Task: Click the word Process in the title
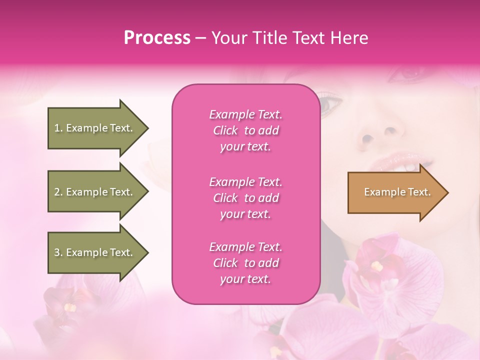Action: click(x=157, y=38)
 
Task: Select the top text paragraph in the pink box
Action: click(x=245, y=130)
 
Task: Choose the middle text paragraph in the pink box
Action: click(x=245, y=198)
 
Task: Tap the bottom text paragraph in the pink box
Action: click(x=245, y=263)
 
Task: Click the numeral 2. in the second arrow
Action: click(x=58, y=192)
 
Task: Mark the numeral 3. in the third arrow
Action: click(x=58, y=252)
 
